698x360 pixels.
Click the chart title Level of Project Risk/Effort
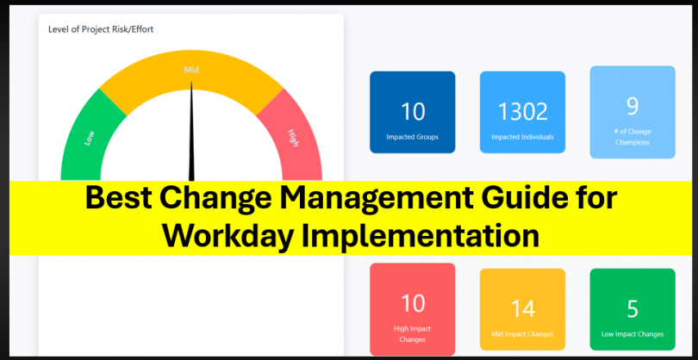pos(101,29)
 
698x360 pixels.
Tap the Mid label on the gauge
pos(191,69)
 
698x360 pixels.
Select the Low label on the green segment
pos(89,137)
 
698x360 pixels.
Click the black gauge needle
pos(192,129)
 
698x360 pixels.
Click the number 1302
pos(522,111)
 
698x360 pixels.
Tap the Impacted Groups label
pos(413,136)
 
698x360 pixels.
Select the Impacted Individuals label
pos(522,136)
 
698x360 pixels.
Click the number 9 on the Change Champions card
pos(633,105)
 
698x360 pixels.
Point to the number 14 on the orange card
pos(522,308)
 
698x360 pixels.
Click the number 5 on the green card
pos(633,308)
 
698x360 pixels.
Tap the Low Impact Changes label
pos(633,333)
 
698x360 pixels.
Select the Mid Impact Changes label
pos(522,333)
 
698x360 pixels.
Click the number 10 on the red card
pos(413,302)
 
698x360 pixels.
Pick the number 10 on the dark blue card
pos(413,111)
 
